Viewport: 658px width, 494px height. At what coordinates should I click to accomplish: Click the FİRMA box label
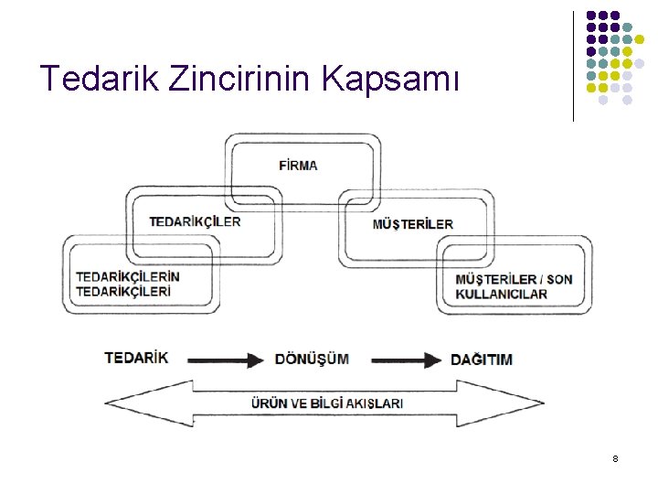(298, 166)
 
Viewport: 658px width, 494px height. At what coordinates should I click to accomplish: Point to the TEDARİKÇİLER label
(195, 221)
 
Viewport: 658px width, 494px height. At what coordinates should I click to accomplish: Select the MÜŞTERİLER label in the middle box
(412, 224)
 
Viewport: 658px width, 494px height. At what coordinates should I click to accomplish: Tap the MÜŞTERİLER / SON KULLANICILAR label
(514, 285)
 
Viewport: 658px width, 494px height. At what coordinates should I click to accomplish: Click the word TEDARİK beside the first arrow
(136, 358)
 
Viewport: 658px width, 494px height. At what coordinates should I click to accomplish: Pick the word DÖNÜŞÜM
(312, 359)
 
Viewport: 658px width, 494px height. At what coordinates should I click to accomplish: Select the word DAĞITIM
(481, 360)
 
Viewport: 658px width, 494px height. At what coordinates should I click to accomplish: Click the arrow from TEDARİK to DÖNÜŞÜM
(225, 360)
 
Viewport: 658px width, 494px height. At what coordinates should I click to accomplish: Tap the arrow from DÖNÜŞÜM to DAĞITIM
(406, 360)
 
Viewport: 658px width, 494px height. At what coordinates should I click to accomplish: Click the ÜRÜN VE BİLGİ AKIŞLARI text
(327, 403)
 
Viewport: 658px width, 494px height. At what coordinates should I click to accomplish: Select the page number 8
(615, 457)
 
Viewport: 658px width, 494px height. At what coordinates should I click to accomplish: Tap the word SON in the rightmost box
(560, 278)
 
